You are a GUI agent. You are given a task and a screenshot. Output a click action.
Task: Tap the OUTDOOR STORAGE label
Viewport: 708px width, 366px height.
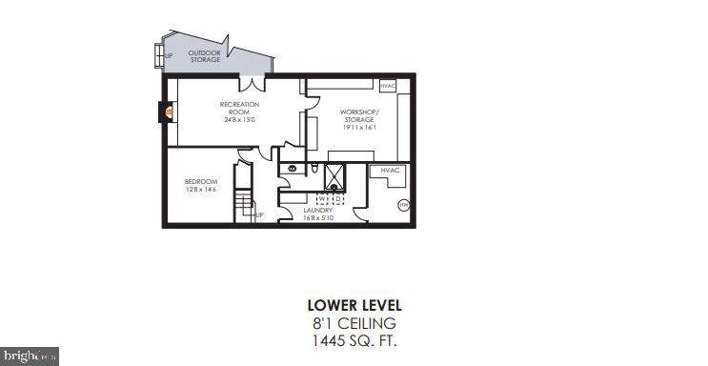click(204, 56)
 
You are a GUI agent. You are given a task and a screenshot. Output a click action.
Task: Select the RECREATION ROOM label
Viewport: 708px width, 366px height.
click(239, 108)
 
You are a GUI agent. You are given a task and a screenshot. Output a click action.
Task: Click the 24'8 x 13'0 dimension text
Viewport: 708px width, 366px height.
click(239, 120)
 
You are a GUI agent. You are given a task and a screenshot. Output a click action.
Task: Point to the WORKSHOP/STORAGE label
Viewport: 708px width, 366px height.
click(358, 115)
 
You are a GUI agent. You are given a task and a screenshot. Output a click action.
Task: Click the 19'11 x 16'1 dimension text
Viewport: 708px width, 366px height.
click(358, 126)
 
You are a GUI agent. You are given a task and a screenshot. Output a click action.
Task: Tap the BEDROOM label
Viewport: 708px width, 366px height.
click(201, 182)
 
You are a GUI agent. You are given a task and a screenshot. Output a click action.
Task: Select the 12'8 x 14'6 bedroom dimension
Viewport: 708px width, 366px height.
click(201, 190)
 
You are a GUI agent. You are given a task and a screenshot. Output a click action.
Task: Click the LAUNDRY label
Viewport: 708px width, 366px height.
click(317, 210)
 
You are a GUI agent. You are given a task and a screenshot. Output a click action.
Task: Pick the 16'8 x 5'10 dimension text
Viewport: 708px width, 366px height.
click(317, 217)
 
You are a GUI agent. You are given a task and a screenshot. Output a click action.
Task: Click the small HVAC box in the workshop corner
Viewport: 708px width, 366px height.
click(387, 86)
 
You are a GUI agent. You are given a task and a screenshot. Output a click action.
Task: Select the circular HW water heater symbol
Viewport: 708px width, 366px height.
click(403, 203)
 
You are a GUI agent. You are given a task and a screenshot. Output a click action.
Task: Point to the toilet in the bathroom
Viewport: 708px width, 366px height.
click(314, 169)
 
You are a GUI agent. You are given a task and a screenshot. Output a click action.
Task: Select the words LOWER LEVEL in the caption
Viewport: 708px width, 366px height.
click(354, 306)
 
